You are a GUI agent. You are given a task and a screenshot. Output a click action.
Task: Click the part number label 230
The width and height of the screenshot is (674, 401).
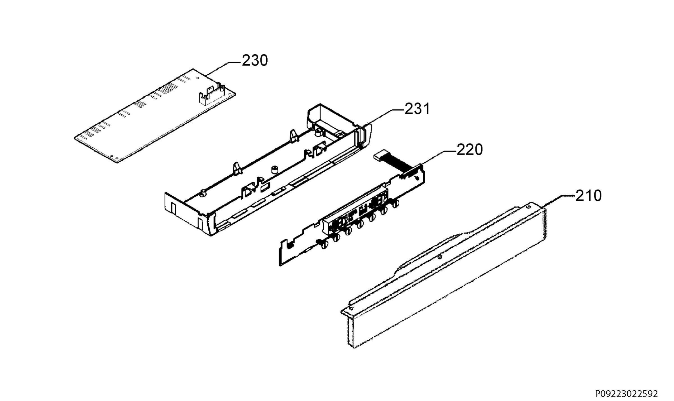pyautogui.click(x=255, y=61)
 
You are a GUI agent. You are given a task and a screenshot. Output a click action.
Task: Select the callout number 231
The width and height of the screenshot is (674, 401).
pyautogui.click(x=417, y=109)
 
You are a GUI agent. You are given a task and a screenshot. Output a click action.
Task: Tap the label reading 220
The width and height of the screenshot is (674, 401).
pyautogui.click(x=470, y=150)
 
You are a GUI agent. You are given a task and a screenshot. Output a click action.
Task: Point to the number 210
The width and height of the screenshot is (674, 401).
pyautogui.click(x=588, y=196)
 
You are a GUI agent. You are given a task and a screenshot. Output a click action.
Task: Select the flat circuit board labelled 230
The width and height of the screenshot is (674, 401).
pyautogui.click(x=155, y=115)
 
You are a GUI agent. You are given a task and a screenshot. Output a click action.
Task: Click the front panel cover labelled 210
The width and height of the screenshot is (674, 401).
pyautogui.click(x=444, y=275)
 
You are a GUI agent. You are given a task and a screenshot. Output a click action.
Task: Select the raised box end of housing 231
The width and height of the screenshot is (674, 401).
pyautogui.click(x=334, y=118)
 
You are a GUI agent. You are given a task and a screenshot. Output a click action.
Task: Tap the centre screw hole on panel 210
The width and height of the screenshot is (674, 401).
pyautogui.click(x=440, y=257)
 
